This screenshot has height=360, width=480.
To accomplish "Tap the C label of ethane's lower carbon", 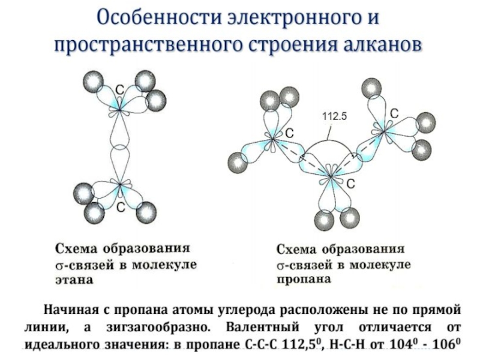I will (120, 208).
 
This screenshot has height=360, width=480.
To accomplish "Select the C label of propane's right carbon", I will (395, 113).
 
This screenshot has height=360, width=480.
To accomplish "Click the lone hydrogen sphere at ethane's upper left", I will (94, 81).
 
